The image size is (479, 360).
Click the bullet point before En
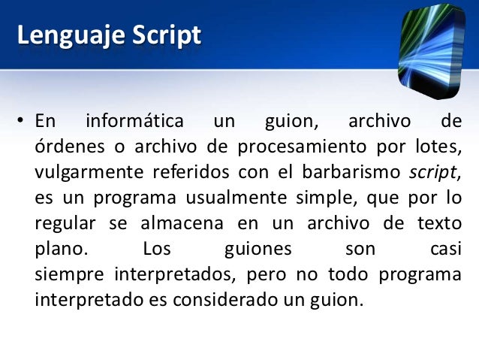point(23,122)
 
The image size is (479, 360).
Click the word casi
point(442,249)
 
